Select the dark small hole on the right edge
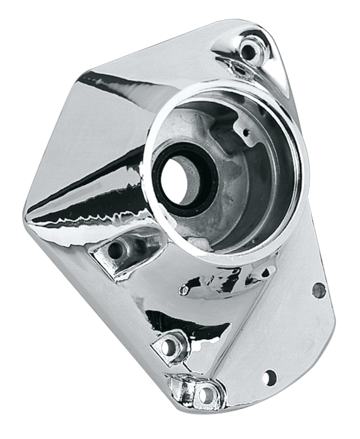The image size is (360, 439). pyautogui.click(x=319, y=290)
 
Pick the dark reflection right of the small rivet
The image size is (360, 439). pyautogui.click(x=229, y=281)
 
